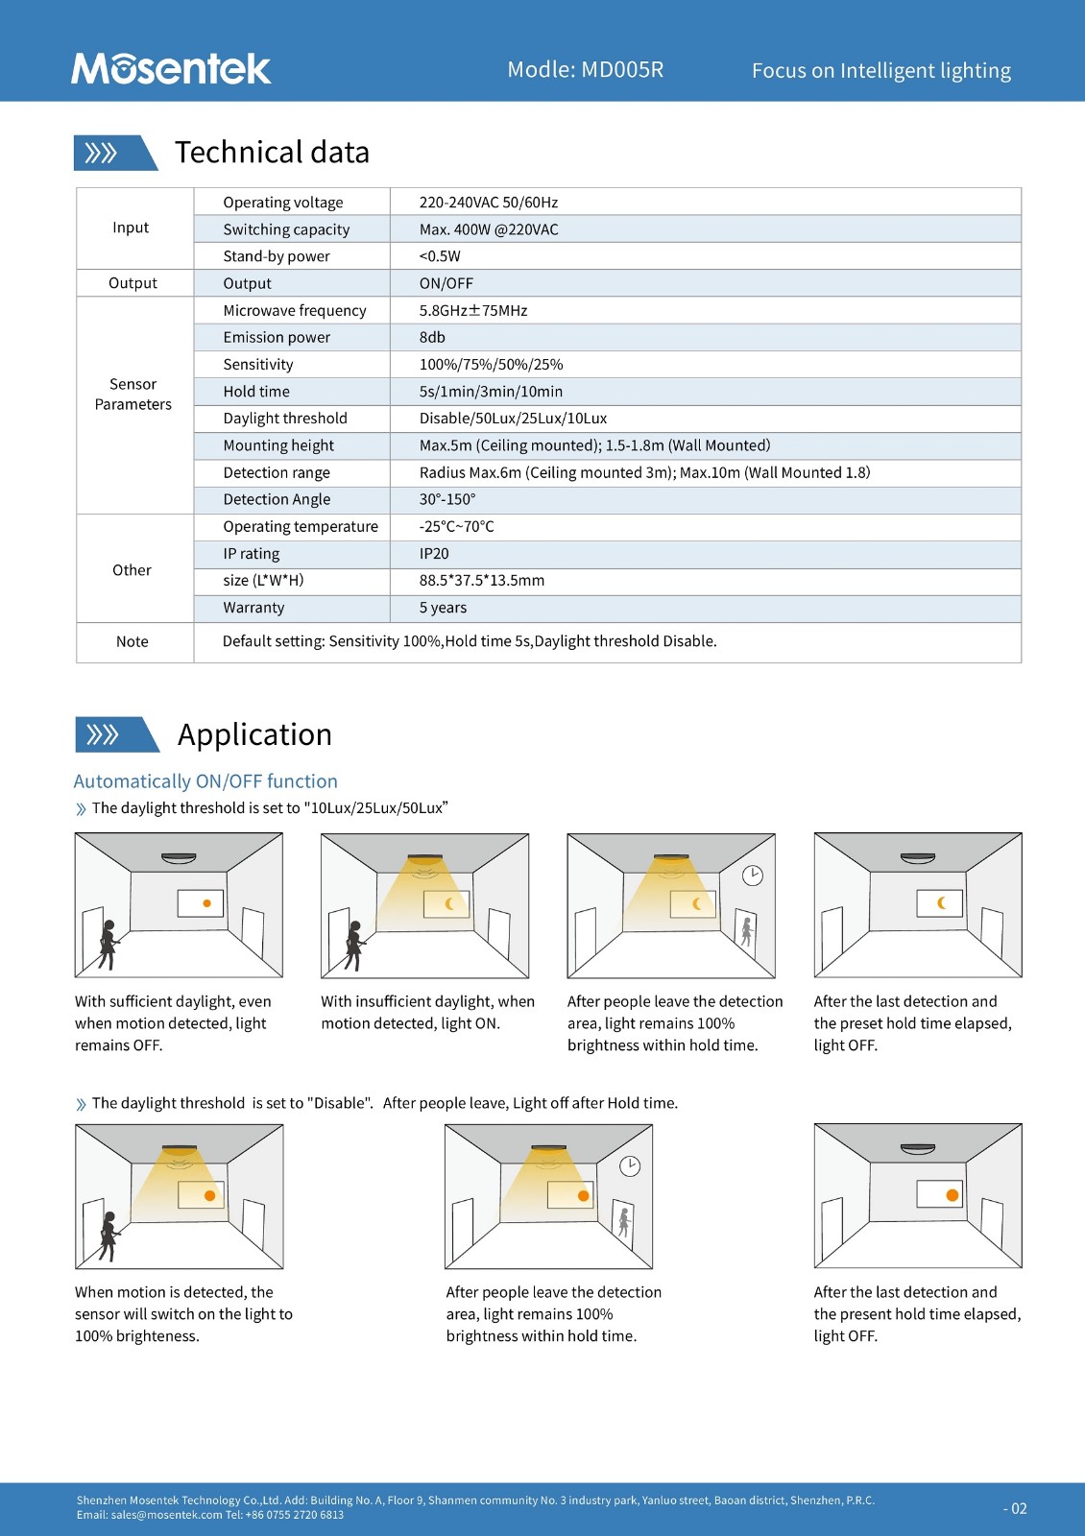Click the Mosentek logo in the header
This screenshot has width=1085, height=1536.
[171, 68]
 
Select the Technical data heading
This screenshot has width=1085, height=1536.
[272, 153]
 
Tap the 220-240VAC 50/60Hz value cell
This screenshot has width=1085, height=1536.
[488, 203]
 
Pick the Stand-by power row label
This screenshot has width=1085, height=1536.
[277, 256]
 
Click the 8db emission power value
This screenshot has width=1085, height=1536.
[432, 337]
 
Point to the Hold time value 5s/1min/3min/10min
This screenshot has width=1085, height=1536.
[491, 392]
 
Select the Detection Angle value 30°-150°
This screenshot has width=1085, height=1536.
[447, 499]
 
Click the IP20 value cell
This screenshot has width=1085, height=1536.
[434, 554]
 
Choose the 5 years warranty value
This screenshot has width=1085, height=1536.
[443, 608]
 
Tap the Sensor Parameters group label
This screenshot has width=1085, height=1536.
[133, 395]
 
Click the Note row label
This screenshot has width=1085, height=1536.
[133, 641]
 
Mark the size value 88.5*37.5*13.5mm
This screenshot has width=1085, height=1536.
[482, 581]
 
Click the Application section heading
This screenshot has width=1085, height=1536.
[254, 734]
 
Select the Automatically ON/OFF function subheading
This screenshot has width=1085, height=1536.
[205, 781]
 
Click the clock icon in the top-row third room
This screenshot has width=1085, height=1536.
[753, 876]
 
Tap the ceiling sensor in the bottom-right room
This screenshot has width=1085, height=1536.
[918, 1149]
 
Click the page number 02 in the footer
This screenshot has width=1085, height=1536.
[1016, 1509]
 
